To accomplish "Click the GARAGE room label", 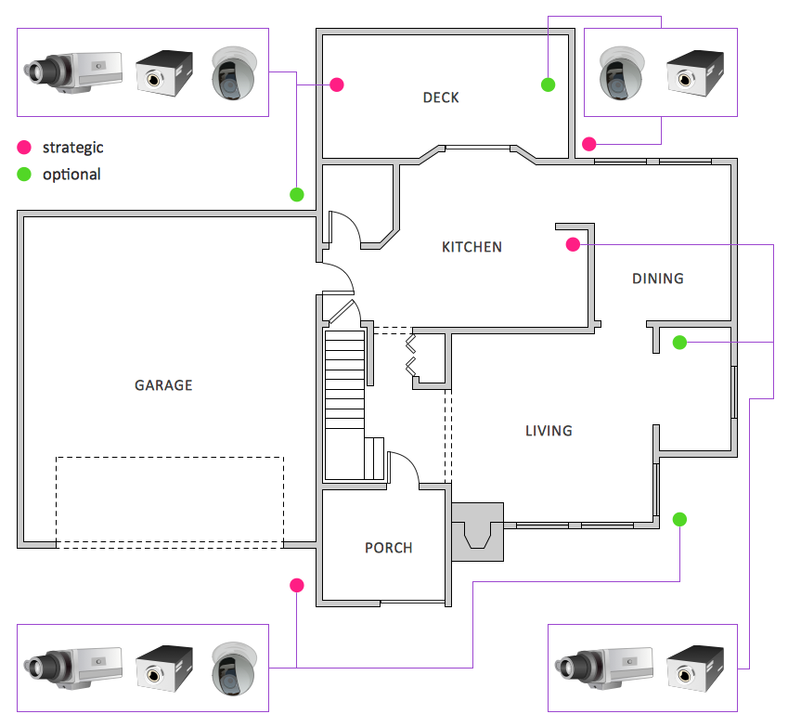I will click(x=163, y=384).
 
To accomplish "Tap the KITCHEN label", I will click(x=472, y=247).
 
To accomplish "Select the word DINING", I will click(x=657, y=279).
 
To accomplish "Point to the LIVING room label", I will click(x=549, y=431).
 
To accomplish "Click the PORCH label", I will click(x=388, y=548).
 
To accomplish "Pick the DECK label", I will click(x=440, y=97).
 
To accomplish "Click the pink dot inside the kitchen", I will click(x=573, y=244).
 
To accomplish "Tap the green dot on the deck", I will click(x=548, y=84).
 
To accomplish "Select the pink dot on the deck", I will click(x=337, y=84).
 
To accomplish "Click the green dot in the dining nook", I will click(x=679, y=343).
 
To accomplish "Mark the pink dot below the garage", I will click(x=297, y=585).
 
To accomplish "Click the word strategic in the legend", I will click(x=73, y=147).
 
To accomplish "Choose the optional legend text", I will click(x=71, y=174).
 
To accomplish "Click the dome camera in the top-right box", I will click(x=621, y=73).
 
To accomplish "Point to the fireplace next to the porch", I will click(x=477, y=532).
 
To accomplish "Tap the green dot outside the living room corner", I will click(x=680, y=519).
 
